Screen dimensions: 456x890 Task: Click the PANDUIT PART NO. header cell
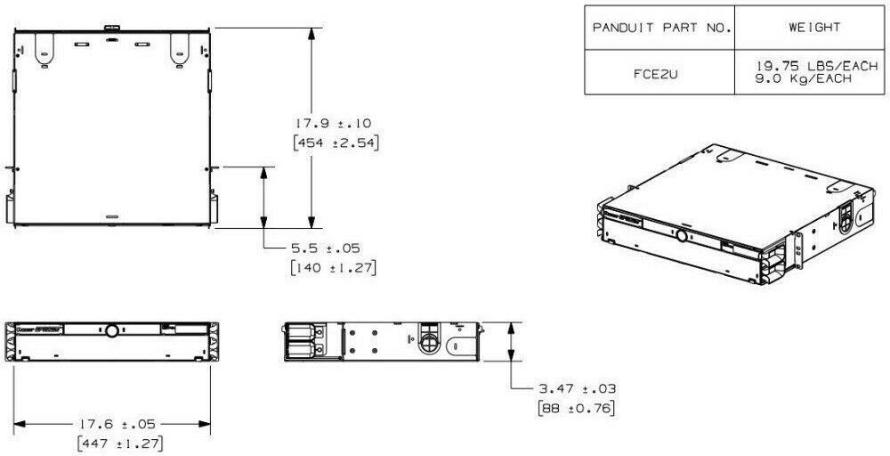point(659,28)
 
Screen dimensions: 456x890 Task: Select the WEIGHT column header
point(813,28)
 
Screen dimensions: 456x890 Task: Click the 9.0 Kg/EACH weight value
point(801,79)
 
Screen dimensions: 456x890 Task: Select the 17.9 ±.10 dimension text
point(336,124)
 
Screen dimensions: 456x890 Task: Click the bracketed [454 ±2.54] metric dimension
point(336,142)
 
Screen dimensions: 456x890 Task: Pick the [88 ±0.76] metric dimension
point(578,408)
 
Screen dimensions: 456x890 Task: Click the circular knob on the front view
point(112,330)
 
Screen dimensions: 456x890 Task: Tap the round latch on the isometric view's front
point(681,237)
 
